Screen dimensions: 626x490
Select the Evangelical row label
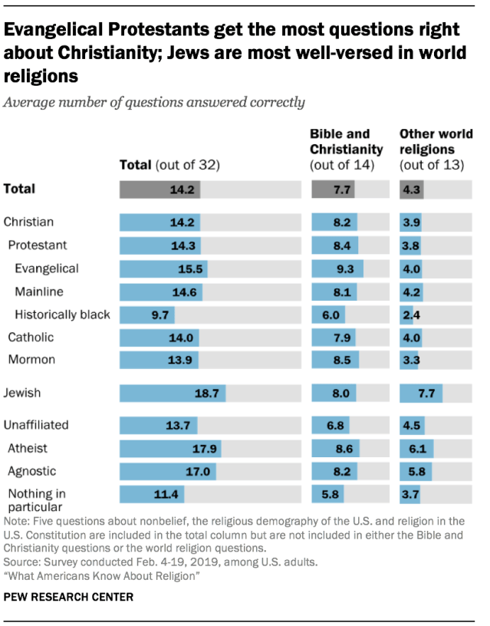pyautogui.click(x=46, y=269)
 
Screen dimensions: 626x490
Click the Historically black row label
pyautogui.click(x=62, y=314)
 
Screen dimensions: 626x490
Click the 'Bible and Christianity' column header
pyautogui.click(x=346, y=149)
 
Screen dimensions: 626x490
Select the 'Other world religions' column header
pyautogui.click(x=436, y=149)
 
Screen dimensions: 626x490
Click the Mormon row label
pyautogui.click(x=31, y=359)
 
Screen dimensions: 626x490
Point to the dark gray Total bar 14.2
pyautogui.click(x=160, y=189)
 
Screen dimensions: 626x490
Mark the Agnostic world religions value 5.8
pyautogui.click(x=421, y=471)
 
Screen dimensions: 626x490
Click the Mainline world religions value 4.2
pyautogui.click(x=411, y=292)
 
